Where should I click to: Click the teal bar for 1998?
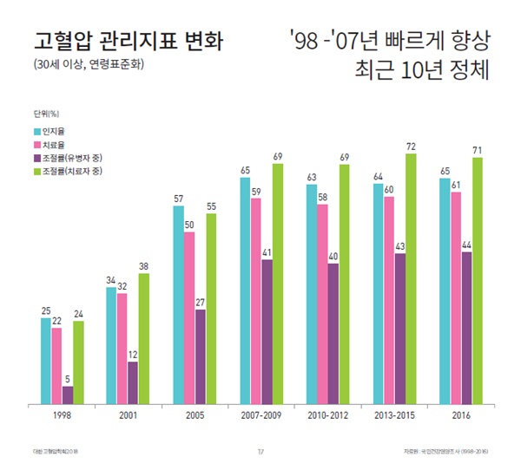[x=45, y=361]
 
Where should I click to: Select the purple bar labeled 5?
[x=68, y=395]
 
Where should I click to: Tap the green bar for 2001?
[x=144, y=339]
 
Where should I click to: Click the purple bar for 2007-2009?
[x=267, y=332]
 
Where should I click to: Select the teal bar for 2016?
[x=445, y=291]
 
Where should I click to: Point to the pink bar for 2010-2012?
[x=323, y=304]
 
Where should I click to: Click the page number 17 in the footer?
[x=260, y=450]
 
